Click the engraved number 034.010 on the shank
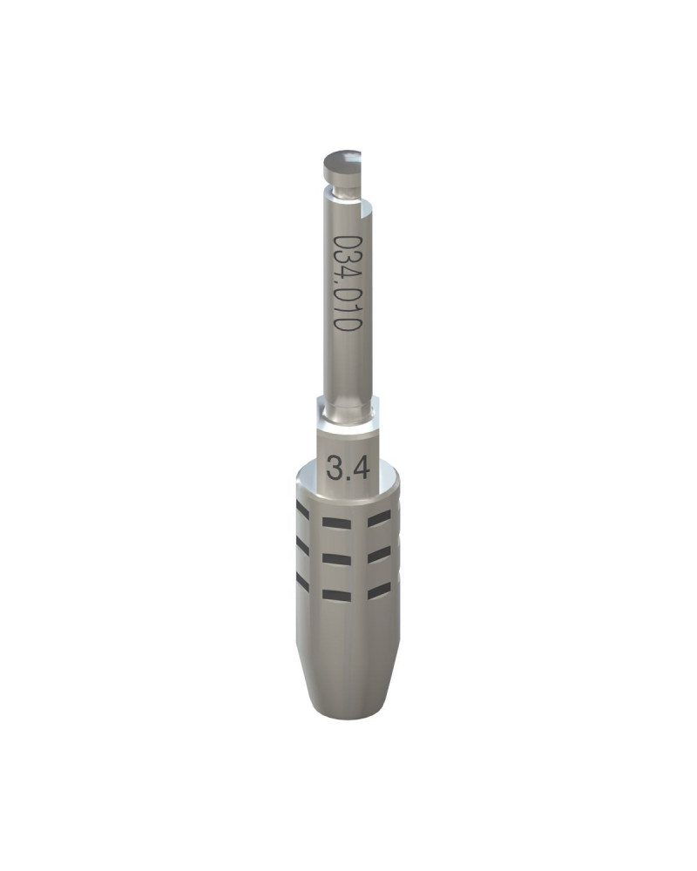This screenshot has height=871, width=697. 348,283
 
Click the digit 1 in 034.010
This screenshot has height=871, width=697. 348,309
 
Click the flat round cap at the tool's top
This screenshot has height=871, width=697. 342,162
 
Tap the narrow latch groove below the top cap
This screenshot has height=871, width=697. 343,191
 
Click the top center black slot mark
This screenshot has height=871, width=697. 337,523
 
